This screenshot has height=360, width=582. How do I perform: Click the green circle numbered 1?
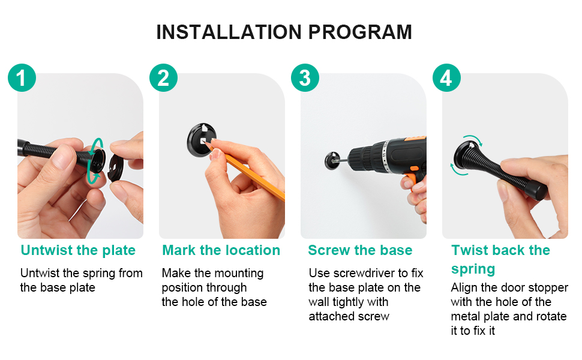(x=22, y=78)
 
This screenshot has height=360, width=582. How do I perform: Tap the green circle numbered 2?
(x=163, y=78)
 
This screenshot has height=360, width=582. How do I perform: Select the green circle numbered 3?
(x=305, y=78)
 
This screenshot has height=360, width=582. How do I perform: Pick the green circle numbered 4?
(x=446, y=78)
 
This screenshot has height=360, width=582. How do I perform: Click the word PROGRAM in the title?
(x=360, y=32)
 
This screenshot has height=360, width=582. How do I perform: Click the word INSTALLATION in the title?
(x=229, y=32)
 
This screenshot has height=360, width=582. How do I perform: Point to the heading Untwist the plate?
(x=78, y=250)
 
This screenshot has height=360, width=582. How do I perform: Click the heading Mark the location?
(x=221, y=250)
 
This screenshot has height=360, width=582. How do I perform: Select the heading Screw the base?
(x=360, y=250)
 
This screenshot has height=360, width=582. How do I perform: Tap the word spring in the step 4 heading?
(x=473, y=269)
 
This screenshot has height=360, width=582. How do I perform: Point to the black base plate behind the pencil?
(x=202, y=140)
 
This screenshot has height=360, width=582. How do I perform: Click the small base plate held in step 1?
(x=116, y=168)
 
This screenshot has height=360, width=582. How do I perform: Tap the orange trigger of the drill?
(x=412, y=178)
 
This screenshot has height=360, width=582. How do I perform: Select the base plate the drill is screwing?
(x=332, y=161)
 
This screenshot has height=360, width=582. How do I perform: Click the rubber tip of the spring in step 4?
(x=539, y=192)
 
